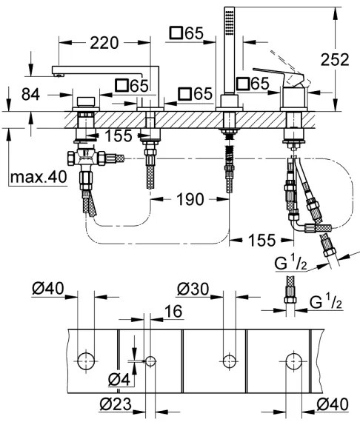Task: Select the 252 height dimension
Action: pyautogui.click(x=335, y=61)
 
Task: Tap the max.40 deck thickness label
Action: pyautogui.click(x=38, y=178)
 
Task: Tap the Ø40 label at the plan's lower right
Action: pyautogui.click(x=331, y=403)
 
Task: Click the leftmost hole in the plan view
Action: pyautogui.click(x=86, y=361)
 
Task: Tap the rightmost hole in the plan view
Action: pyautogui.click(x=293, y=361)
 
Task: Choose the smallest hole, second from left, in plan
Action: pyautogui.click(x=151, y=361)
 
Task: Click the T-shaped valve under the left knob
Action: pyautogui.click(x=83, y=158)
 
